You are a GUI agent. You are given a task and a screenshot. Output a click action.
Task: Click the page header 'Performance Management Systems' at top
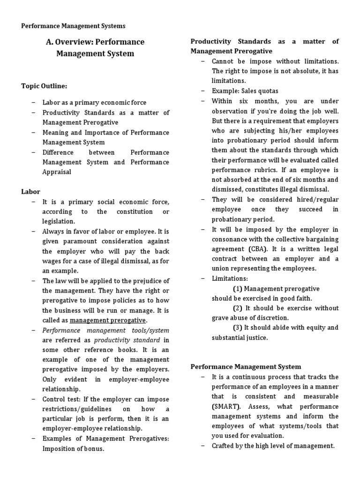coord(73,26)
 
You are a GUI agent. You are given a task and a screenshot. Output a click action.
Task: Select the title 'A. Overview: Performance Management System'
coord(95,47)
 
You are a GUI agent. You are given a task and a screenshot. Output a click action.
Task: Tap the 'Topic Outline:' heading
coord(44,86)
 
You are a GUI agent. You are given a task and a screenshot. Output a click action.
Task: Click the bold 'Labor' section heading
coord(31,192)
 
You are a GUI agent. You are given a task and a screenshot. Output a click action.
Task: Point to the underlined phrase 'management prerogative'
coord(108,320)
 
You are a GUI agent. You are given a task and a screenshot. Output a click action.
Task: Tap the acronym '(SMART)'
coord(225,406)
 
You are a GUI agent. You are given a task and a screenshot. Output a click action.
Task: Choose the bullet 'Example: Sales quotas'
coord(245,91)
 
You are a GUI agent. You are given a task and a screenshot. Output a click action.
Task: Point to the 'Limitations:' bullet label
coord(230,278)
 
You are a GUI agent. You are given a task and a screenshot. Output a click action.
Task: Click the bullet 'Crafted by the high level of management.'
coord(273,446)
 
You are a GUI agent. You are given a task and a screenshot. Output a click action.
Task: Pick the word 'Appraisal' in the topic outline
coord(57,172)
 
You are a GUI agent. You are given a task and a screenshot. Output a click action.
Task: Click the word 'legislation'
coord(58,221)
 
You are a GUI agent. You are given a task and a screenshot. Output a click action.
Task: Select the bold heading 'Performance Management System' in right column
coord(246,367)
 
